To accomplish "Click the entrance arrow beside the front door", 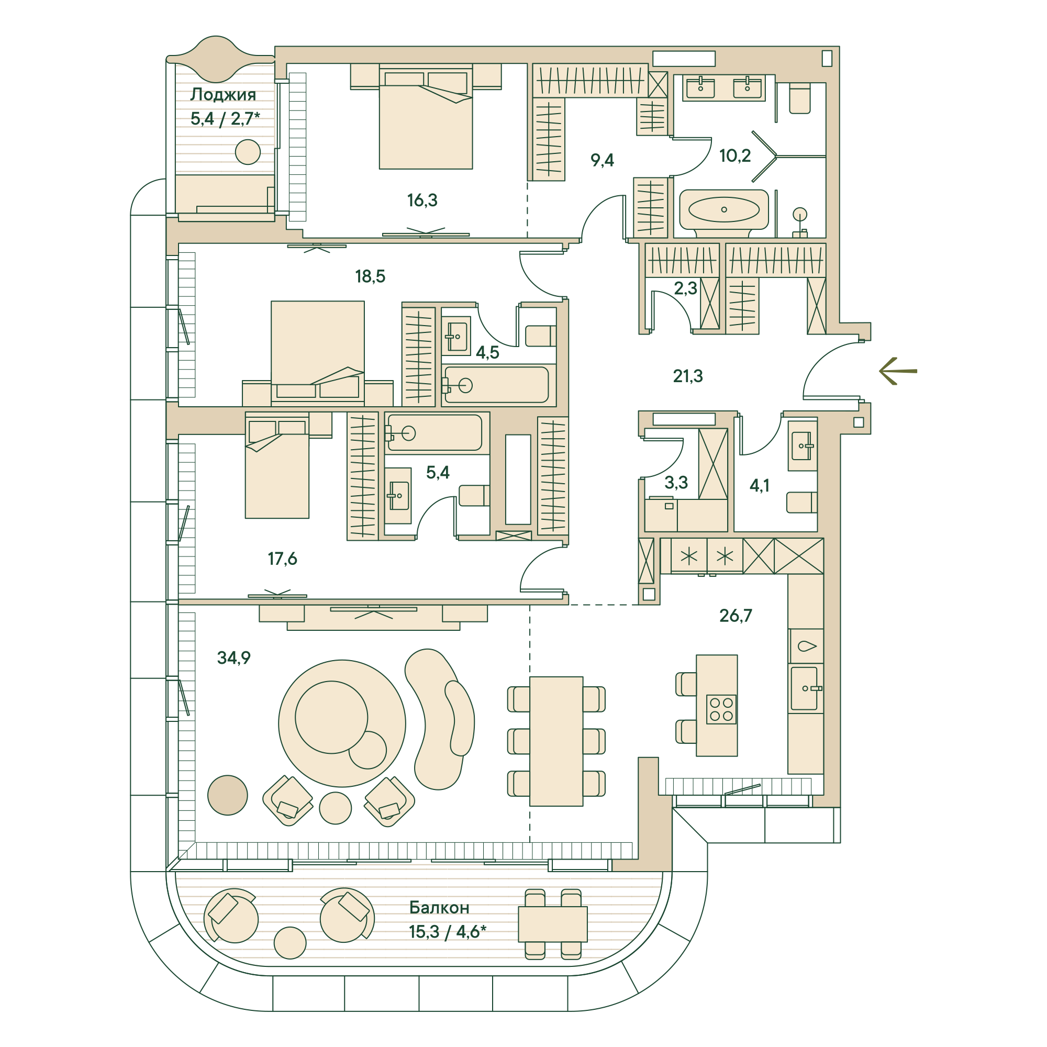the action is pyautogui.click(x=897, y=371).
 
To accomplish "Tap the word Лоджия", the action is pyautogui.click(x=224, y=95).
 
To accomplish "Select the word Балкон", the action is pyautogui.click(x=439, y=907).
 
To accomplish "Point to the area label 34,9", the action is pyautogui.click(x=233, y=658).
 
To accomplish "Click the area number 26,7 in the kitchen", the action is pyautogui.click(x=736, y=615).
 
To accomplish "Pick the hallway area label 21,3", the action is pyautogui.click(x=688, y=375).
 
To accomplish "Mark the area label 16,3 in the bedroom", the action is pyautogui.click(x=422, y=200).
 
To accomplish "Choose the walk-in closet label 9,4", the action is pyautogui.click(x=602, y=160).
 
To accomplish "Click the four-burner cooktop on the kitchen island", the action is pyautogui.click(x=721, y=709).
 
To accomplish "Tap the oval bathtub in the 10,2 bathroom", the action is pyautogui.click(x=723, y=210).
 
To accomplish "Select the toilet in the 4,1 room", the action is pyautogui.click(x=801, y=502).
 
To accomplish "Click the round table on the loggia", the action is pyautogui.click(x=248, y=152).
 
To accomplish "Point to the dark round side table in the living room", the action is pyautogui.click(x=228, y=795).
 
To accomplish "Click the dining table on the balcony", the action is pyautogui.click(x=553, y=924).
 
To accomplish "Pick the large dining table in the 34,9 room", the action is pyautogui.click(x=556, y=741).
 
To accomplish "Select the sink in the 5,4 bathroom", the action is pyautogui.click(x=398, y=495).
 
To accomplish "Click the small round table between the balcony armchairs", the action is pyautogui.click(x=290, y=942).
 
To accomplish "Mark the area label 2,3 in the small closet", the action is pyautogui.click(x=686, y=288).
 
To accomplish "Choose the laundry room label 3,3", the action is pyautogui.click(x=676, y=482).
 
